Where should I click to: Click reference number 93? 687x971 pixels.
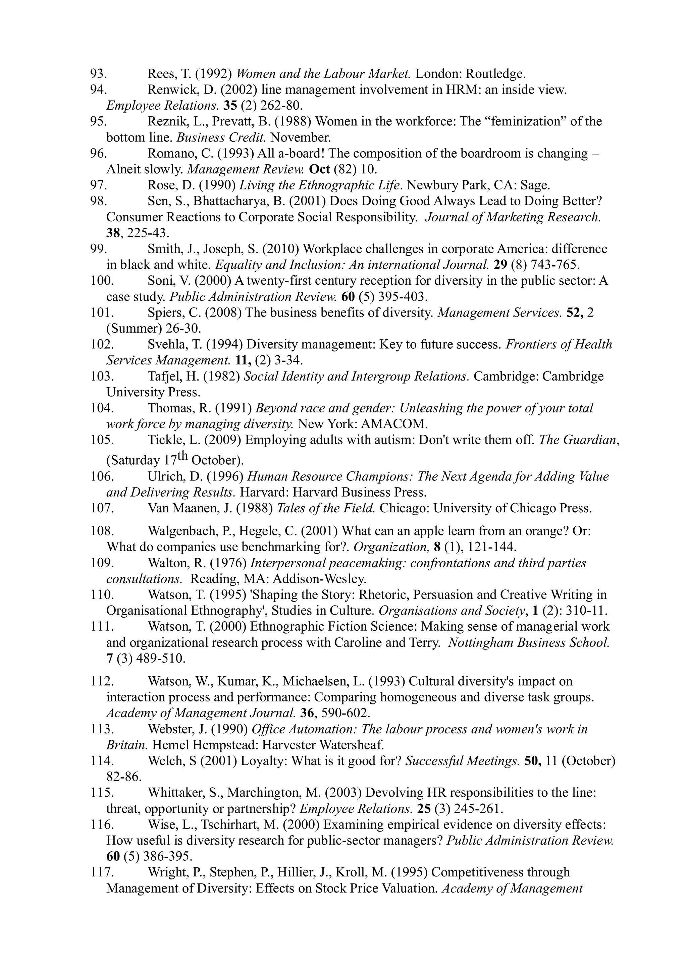[x=98, y=74]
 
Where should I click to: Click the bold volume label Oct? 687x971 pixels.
[x=319, y=170]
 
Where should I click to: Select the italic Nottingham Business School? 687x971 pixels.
[x=529, y=643]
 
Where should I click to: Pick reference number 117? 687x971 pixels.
[x=102, y=872]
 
